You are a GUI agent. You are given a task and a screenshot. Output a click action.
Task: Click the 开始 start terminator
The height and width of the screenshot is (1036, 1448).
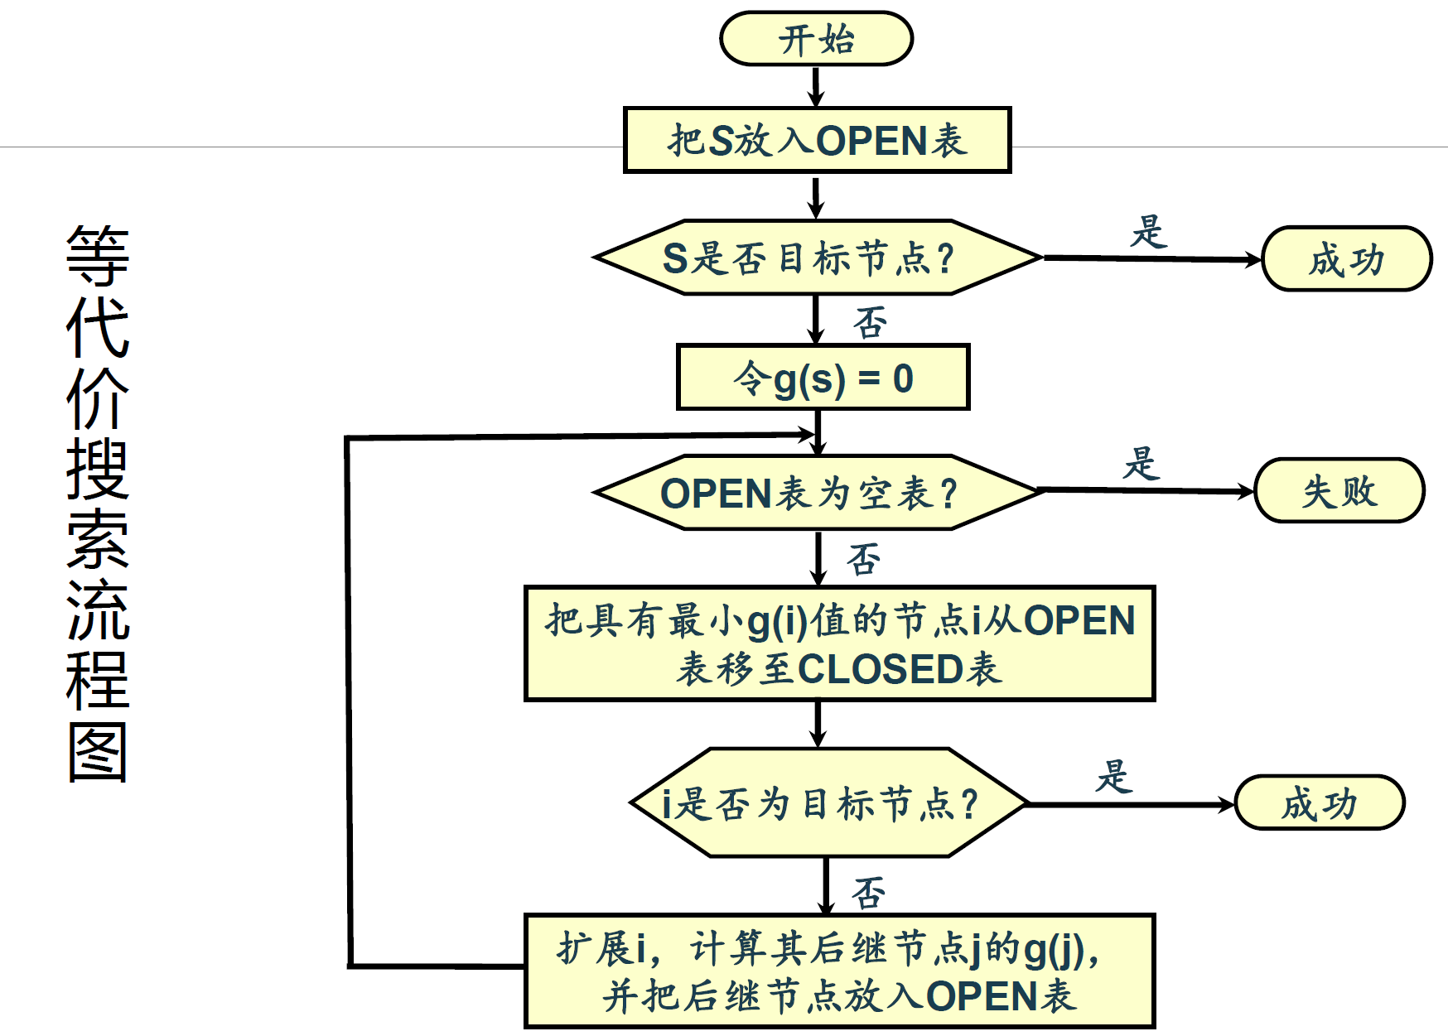coord(816,39)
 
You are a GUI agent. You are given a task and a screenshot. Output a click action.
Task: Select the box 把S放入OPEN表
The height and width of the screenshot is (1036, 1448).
coord(817,140)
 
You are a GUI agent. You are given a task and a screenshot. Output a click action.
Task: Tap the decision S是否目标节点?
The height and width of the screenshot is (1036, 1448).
coord(817,258)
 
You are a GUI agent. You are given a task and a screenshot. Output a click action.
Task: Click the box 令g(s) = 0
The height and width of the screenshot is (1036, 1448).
coord(823,378)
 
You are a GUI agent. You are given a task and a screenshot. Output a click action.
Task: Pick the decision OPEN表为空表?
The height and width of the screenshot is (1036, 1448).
coord(817,493)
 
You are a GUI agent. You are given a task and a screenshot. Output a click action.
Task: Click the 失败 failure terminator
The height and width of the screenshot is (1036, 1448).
coord(1339,491)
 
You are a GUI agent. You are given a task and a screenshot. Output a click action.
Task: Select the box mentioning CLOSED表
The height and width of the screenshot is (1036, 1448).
coord(839,643)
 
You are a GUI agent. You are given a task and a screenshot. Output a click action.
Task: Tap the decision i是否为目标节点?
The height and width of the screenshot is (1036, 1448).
coord(828,802)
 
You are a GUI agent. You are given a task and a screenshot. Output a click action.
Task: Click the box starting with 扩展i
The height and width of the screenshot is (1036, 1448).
coord(839,971)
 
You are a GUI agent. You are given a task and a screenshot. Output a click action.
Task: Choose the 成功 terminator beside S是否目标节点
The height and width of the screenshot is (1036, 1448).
coord(1346,259)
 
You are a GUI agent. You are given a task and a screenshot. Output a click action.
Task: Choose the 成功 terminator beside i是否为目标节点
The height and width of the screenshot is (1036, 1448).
coord(1320,802)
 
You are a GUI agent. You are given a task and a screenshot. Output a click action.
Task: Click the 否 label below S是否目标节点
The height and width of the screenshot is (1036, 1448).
coord(871,322)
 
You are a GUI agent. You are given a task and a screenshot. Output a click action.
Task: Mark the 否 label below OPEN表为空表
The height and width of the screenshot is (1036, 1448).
coord(863,559)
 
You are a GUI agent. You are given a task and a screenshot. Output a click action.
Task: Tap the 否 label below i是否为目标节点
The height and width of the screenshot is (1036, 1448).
coord(868,894)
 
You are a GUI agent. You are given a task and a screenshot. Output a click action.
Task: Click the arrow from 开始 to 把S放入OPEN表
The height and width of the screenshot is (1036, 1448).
coord(816,86)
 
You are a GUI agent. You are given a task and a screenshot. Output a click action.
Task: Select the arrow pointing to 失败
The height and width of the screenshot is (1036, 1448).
coord(1147,491)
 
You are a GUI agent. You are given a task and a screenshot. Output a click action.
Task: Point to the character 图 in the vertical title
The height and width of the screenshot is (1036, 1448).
coord(98,752)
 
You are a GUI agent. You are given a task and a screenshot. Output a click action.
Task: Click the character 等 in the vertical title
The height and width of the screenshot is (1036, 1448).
coord(98,255)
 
